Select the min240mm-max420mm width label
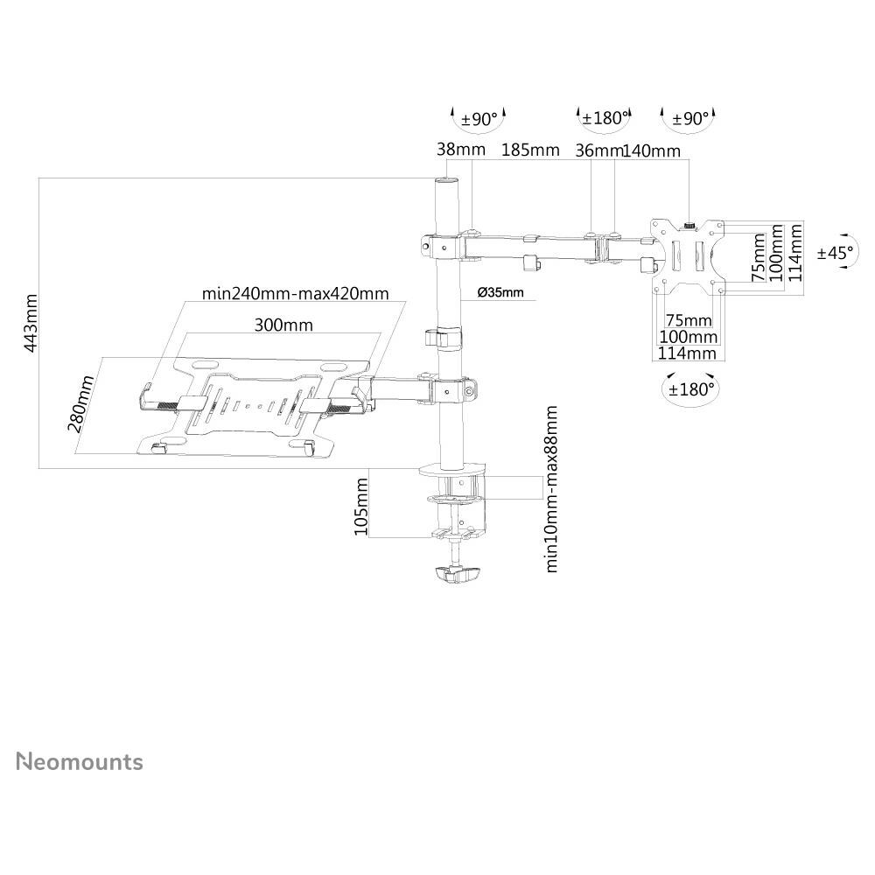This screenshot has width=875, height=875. pos(295,293)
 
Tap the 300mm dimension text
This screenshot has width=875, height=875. pos(283,325)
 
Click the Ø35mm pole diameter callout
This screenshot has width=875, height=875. pos(501,292)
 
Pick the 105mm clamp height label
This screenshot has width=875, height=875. pos(360,505)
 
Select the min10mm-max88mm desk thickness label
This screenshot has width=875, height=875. pos(551,488)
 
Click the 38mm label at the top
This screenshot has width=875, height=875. pos(460,150)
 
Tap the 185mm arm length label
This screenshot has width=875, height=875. pos(530,150)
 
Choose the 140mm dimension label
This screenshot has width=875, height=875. pos(651,150)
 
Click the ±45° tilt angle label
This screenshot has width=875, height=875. pos(835,253)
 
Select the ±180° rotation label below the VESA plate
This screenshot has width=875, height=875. pos(691,388)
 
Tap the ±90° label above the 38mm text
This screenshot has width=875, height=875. pos(479,118)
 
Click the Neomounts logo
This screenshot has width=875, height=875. pos(80,761)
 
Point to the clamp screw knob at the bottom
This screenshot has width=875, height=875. pos(458,575)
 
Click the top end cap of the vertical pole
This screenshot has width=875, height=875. pos(446,181)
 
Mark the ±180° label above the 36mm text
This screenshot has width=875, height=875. pos(604,118)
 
